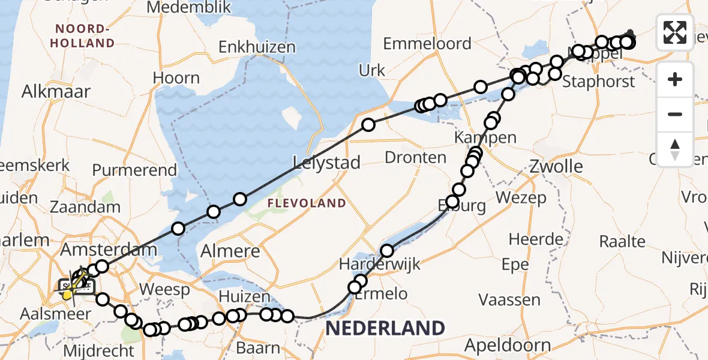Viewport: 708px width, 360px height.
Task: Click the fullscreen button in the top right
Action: coord(675,32)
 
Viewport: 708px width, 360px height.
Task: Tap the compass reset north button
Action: coord(675,149)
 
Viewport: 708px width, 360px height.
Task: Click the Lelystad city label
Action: coord(327,162)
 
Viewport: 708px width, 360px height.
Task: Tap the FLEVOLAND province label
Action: coord(307,203)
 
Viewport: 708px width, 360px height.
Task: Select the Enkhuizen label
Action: coord(257,47)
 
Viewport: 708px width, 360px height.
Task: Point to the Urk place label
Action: coord(372,71)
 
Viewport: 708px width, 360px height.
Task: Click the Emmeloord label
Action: coord(427,44)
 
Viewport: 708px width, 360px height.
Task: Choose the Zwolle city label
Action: coord(556,166)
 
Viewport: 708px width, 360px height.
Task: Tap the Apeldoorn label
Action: coord(508,345)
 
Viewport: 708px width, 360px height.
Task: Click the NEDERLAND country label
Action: coord(385,328)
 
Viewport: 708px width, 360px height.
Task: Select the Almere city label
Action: coord(231,251)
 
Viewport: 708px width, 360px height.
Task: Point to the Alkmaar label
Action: coord(56,92)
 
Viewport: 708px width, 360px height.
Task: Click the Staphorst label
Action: coord(598,82)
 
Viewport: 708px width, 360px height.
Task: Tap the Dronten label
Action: coord(415,158)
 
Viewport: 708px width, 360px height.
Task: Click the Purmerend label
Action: coord(135,170)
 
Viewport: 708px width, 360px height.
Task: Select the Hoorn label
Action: coord(176,78)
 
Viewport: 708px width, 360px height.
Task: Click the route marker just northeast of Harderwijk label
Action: coord(388,250)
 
